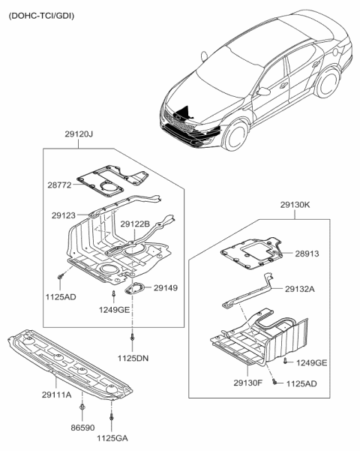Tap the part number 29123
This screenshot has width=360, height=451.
(x=64, y=215)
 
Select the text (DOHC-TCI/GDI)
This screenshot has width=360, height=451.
(x=42, y=15)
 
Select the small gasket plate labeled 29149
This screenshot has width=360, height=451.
(x=134, y=289)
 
